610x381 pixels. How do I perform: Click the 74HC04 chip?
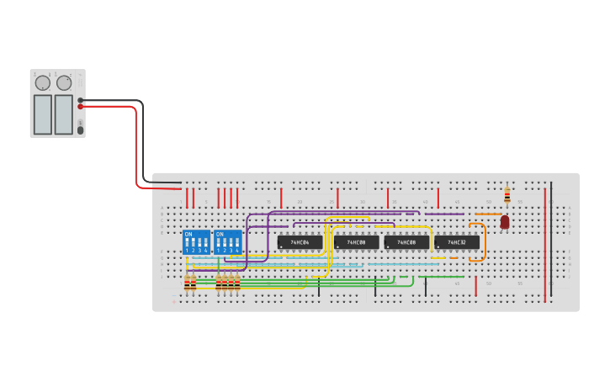(300, 242)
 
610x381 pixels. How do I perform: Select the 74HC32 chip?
(457, 242)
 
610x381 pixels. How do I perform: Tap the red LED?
(505, 222)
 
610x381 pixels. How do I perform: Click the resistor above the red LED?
(507, 196)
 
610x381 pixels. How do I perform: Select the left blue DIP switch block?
(197, 243)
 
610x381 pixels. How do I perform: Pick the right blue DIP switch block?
(227, 243)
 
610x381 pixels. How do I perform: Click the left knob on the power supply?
(42, 83)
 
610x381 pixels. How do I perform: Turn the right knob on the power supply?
(64, 83)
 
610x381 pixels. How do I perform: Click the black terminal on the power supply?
(81, 100)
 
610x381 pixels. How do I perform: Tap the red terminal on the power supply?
(81, 108)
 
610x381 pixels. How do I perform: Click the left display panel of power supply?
(42, 114)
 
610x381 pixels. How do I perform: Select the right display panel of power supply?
(64, 114)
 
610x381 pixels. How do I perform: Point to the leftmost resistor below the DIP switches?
(187, 283)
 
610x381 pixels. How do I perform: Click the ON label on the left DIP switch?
(188, 234)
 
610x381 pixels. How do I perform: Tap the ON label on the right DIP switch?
(220, 234)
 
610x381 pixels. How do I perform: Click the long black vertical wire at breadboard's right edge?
(551, 240)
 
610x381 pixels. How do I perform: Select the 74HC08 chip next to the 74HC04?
(356, 242)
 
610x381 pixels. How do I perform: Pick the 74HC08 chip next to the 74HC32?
(406, 242)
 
